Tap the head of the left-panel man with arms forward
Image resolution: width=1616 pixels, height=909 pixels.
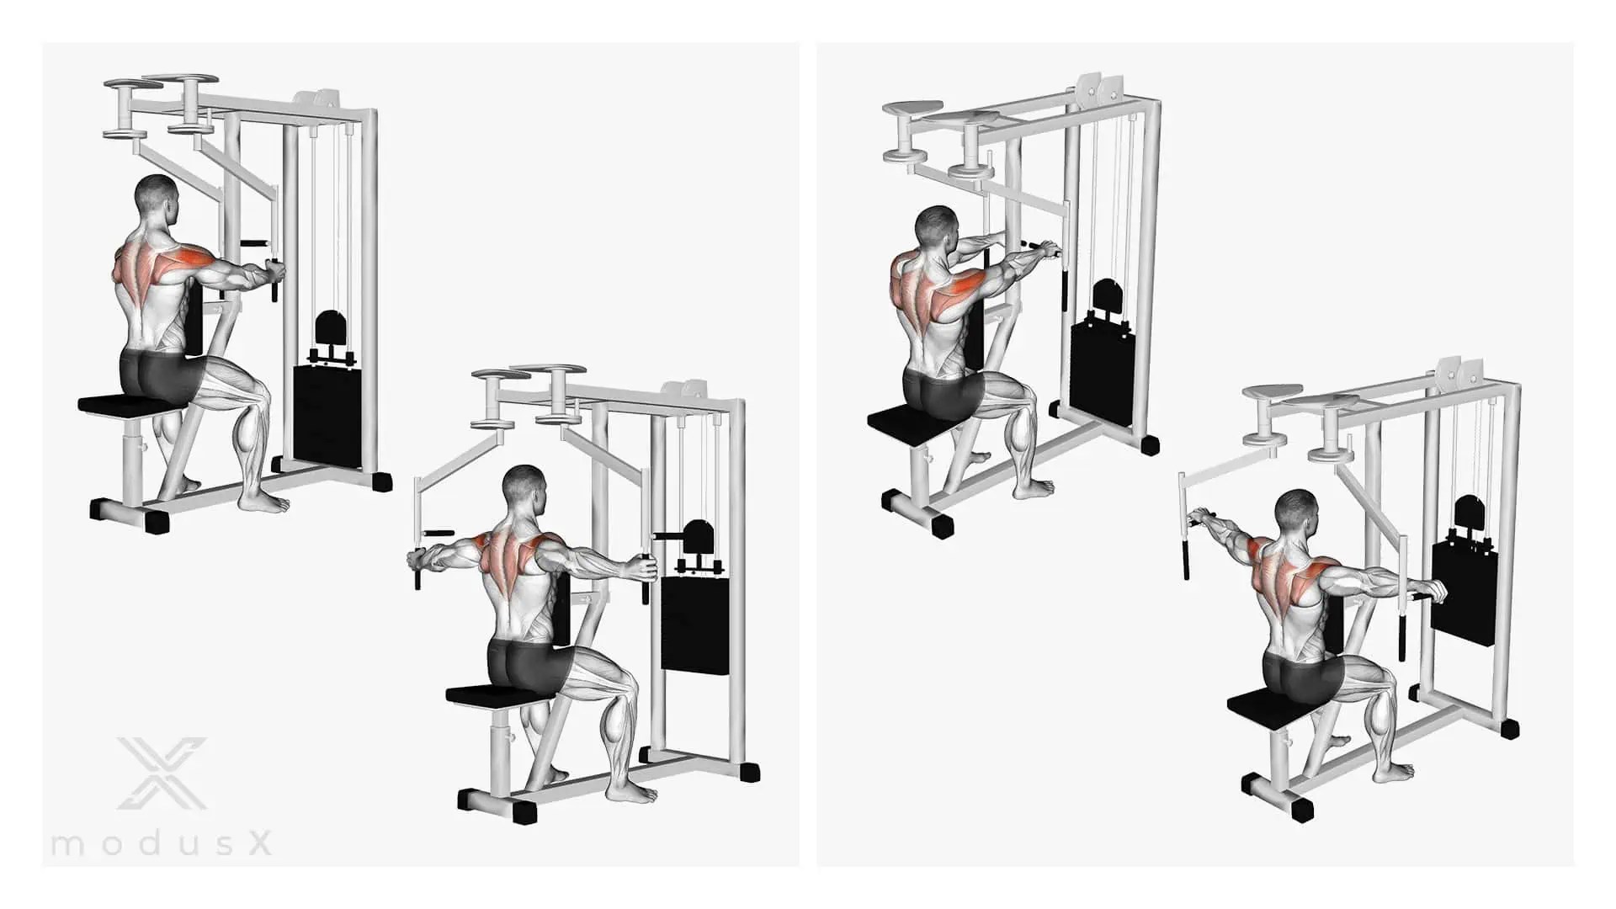pos(159,201)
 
